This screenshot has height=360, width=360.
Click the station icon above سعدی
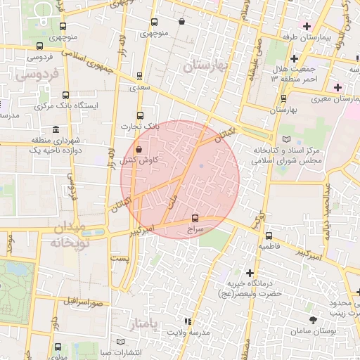pos(139,76)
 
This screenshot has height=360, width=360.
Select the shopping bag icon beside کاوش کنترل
pos(139,149)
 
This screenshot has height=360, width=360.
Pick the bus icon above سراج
pos(195,217)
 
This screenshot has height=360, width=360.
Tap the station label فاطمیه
pos(269,247)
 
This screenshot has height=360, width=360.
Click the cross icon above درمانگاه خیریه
pos(250,272)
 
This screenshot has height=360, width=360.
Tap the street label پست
pos(122,259)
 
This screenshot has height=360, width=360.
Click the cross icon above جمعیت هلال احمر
pos(295,58)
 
